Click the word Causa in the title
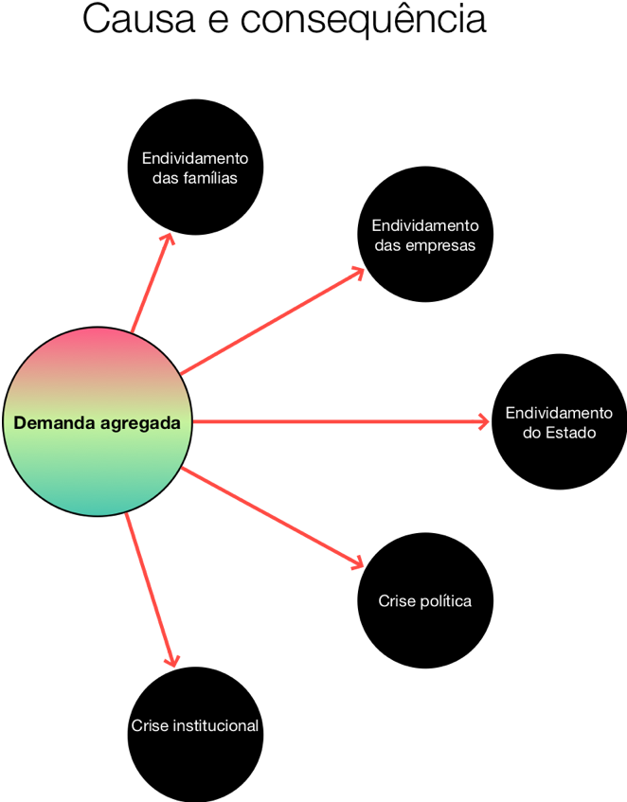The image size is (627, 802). click(x=139, y=20)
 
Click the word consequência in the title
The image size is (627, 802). click(x=363, y=20)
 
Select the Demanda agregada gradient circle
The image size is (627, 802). click(x=98, y=421)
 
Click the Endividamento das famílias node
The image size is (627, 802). click(x=195, y=168)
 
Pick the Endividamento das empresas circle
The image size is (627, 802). click(x=425, y=234)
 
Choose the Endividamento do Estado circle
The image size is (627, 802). click(x=559, y=421)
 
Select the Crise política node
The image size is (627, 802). click(x=425, y=600)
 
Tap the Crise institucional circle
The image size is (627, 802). click(x=195, y=735)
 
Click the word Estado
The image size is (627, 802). click(x=571, y=433)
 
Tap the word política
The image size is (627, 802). click(x=445, y=600)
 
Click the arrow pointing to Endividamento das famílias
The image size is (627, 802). click(x=152, y=283)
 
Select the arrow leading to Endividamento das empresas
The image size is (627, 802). click(x=272, y=321)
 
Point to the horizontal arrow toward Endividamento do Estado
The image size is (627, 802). click(x=341, y=421)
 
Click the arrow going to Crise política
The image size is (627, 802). click(x=272, y=518)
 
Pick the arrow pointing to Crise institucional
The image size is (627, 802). click(x=152, y=590)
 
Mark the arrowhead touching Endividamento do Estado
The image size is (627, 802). click(x=483, y=421)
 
